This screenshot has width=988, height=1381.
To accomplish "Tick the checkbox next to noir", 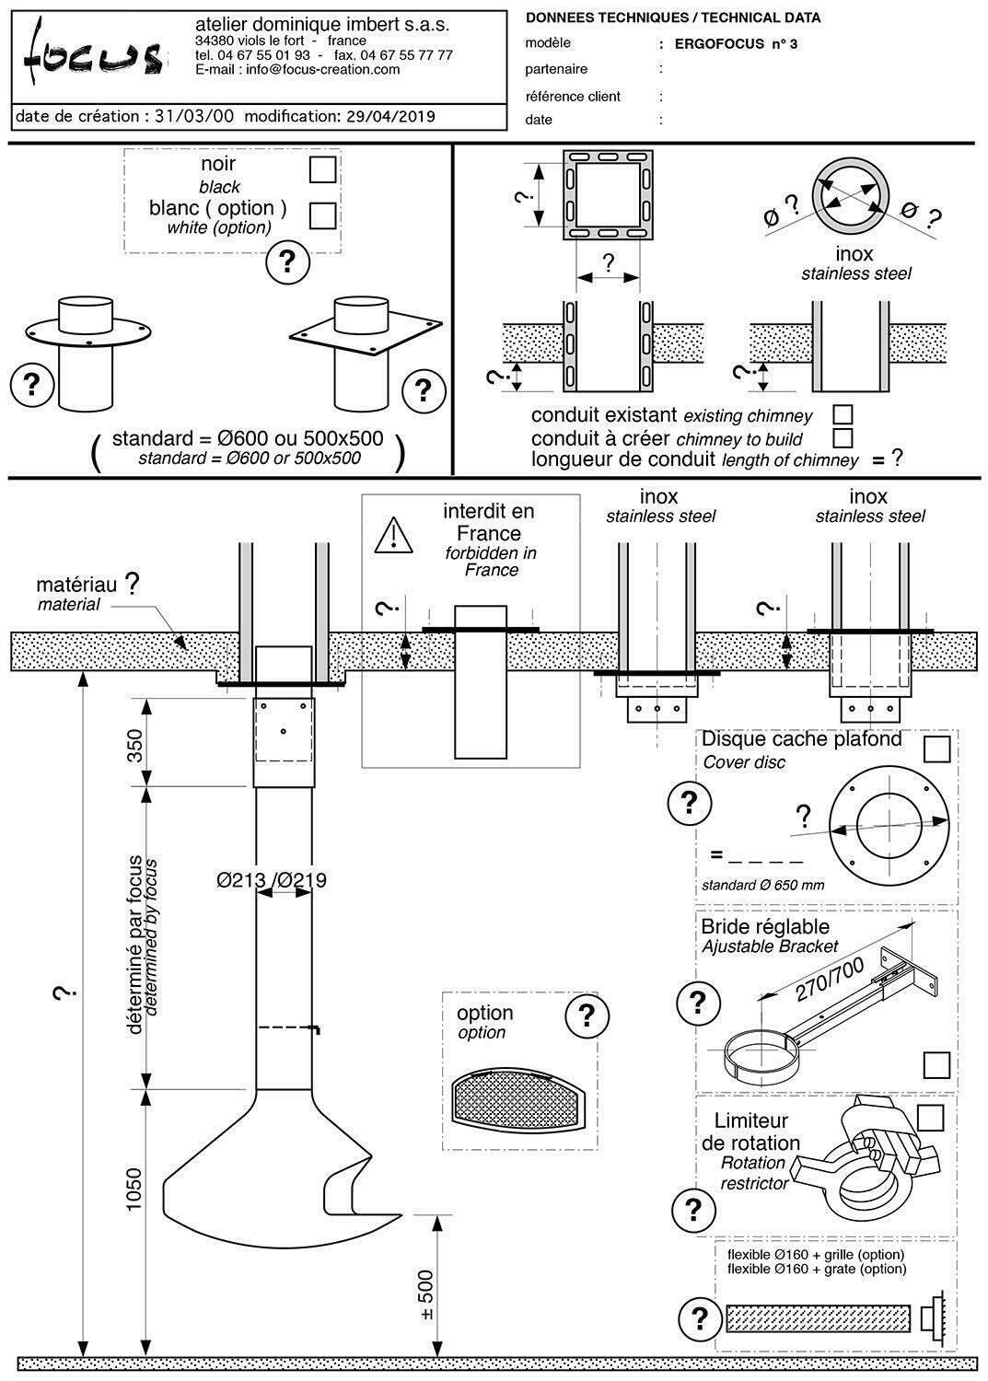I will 322,170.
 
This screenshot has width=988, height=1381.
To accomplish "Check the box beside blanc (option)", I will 322,215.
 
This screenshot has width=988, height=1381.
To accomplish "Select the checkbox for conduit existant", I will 842,415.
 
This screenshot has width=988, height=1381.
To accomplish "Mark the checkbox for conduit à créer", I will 842,438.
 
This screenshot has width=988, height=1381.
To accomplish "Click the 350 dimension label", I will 134,746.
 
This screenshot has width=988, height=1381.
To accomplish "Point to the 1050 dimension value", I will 134,1190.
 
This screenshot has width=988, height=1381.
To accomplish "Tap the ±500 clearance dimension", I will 425,1296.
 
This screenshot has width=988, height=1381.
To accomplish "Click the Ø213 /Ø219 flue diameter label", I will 272,880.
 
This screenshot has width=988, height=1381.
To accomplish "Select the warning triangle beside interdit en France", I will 393,535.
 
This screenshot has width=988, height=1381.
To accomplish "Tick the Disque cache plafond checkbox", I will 936,749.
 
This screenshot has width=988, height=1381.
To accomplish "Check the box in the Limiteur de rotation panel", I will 930,1117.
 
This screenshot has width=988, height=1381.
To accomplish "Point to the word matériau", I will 76,585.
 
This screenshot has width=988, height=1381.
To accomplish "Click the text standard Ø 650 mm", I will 762,886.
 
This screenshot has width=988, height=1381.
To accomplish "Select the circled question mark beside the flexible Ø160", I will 699,1317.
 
